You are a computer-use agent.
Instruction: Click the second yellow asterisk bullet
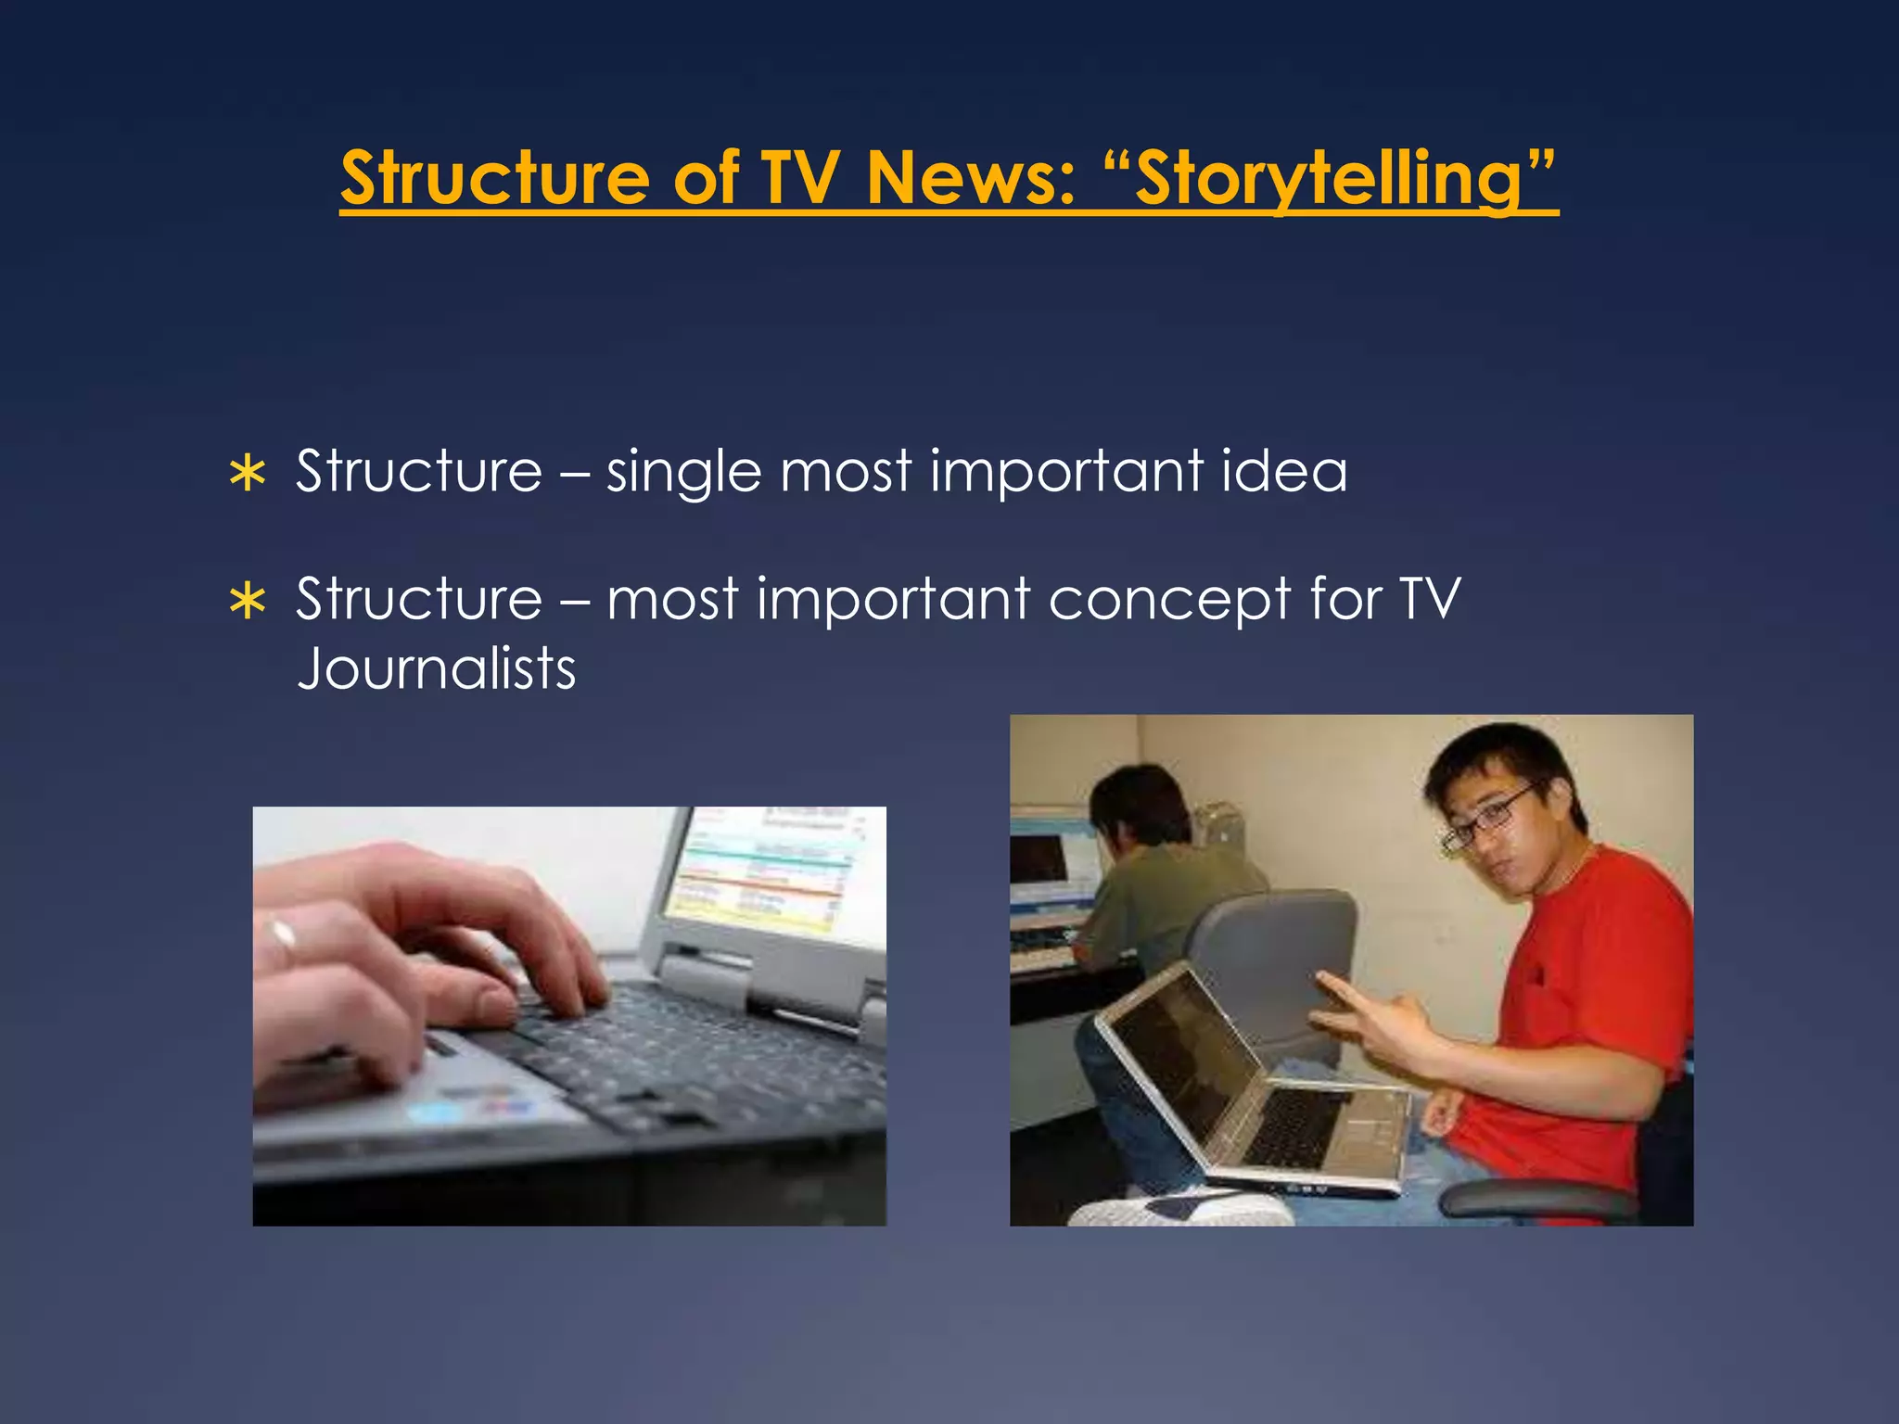(x=248, y=602)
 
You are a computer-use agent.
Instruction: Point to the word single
(x=683, y=473)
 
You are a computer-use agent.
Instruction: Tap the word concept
(x=1169, y=601)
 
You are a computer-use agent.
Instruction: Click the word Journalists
(x=436, y=669)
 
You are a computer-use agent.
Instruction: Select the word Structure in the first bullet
(x=419, y=471)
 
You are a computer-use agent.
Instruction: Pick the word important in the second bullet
(x=893, y=600)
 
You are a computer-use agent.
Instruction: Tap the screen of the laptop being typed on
(x=765, y=871)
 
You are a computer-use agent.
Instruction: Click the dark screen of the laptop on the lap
(x=1178, y=1057)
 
